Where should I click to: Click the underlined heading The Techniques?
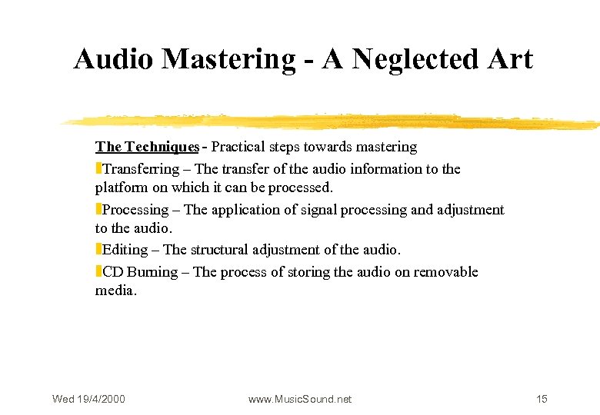147,147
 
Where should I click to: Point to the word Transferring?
141,169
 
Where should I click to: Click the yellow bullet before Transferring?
98,169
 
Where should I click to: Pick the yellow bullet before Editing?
98,250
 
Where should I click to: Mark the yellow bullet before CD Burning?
98,272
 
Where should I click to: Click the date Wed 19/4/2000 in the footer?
88,399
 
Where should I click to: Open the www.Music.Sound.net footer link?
300,399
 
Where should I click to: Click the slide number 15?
542,399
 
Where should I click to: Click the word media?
115,290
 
